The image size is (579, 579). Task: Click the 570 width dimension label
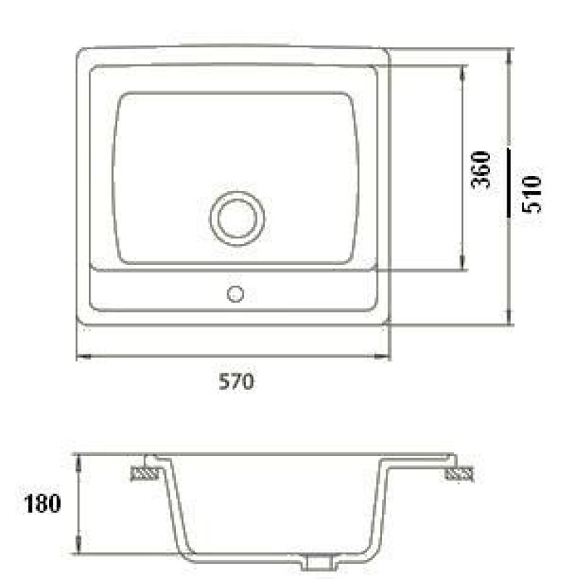[237, 381]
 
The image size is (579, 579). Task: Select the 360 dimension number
[481, 169]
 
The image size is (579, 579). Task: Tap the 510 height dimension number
[532, 194]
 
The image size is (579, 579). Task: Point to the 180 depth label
[42, 503]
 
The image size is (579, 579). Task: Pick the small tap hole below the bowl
[235, 295]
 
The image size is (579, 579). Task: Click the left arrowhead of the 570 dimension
[84, 356]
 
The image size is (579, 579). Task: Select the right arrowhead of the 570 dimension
[383, 356]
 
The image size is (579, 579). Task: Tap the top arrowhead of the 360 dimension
[462, 73]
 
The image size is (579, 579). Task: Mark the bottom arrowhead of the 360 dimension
[462, 262]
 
